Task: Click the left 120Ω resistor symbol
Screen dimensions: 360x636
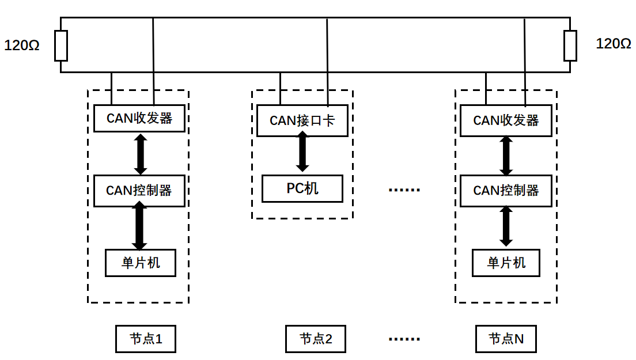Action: [61, 46]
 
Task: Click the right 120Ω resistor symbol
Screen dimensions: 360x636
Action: [570, 46]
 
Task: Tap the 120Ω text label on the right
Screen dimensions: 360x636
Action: [614, 44]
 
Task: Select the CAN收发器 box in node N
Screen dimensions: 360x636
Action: [506, 120]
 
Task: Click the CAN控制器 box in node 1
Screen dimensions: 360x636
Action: [139, 190]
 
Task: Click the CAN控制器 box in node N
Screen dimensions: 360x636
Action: [506, 191]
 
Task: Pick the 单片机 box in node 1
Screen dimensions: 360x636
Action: [141, 263]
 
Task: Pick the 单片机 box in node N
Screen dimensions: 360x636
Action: [506, 263]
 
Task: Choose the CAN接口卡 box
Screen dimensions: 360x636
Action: [302, 121]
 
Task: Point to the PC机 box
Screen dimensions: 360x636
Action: [302, 188]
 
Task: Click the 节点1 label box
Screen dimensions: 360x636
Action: [145, 339]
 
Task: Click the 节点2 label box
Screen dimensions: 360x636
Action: [316, 339]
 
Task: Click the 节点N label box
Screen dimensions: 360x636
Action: [506, 339]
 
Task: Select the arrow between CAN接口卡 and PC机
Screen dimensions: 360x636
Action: [302, 152]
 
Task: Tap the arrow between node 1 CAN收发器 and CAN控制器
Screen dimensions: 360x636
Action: [141, 154]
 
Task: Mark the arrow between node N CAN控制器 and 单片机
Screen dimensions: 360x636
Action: [506, 226]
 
